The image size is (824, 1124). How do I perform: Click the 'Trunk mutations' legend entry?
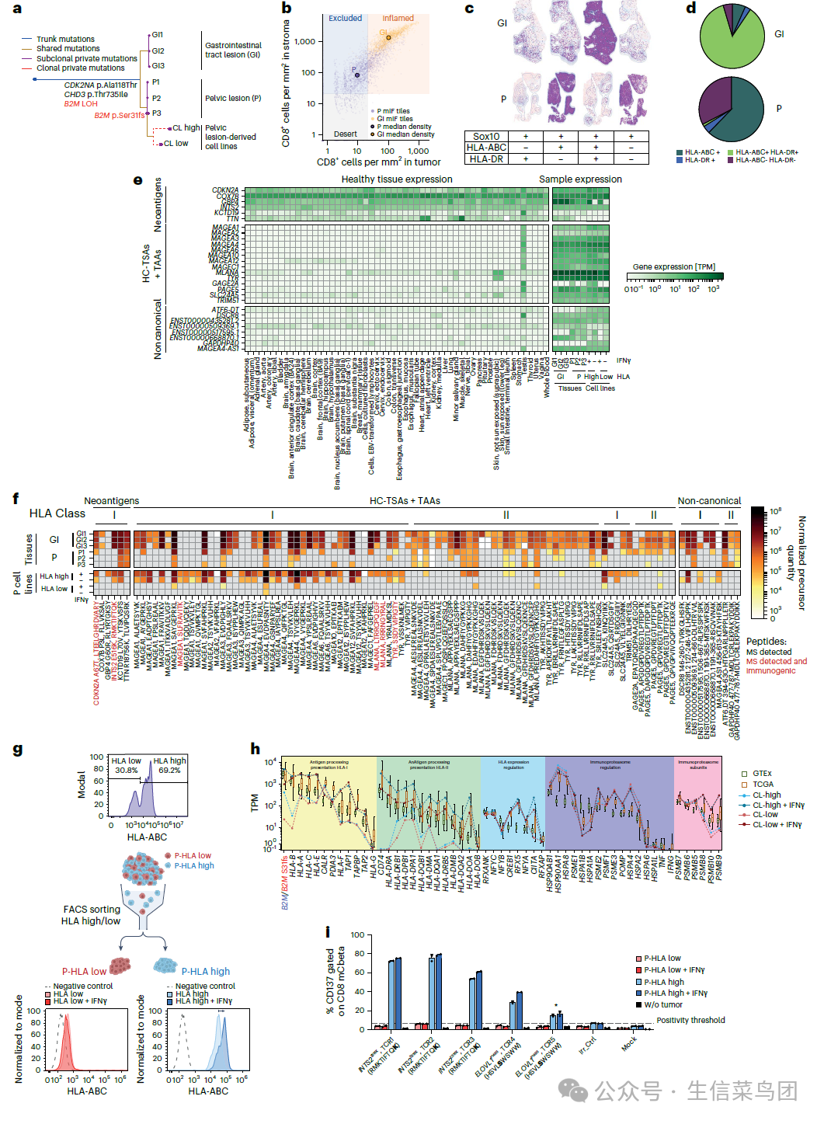tap(65, 39)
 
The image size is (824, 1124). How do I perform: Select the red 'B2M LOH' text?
tap(81, 104)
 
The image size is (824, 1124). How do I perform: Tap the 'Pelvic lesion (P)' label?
tap(233, 99)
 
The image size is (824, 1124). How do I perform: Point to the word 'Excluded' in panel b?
tap(345, 19)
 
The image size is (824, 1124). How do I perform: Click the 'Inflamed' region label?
tap(398, 19)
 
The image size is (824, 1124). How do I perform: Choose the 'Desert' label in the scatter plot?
tap(346, 134)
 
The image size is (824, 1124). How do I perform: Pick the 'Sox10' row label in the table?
tap(486, 137)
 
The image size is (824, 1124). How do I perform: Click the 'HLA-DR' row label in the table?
tap(486, 158)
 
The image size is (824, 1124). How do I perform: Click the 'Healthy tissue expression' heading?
tap(396, 179)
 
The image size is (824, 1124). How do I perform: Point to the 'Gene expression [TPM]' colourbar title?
tap(674, 267)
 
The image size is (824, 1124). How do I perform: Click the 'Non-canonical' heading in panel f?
tap(709, 501)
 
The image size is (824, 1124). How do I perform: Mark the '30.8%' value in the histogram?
tap(127, 771)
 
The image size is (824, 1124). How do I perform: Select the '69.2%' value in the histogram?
tap(169, 771)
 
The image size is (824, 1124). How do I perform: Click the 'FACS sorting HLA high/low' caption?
tap(92, 915)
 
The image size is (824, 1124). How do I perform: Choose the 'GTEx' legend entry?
tap(762, 774)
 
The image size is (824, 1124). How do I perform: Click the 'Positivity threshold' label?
tap(690, 1020)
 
